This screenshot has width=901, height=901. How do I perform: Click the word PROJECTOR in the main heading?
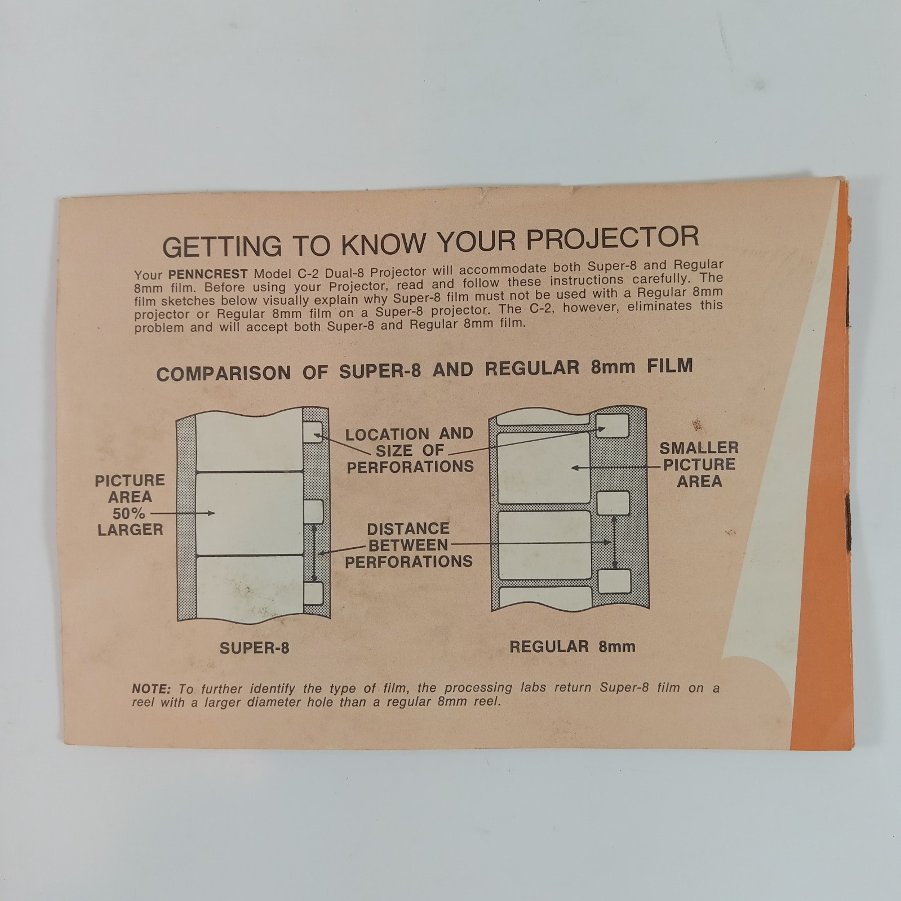pyautogui.click(x=612, y=239)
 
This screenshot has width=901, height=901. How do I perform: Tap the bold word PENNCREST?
pyautogui.click(x=208, y=274)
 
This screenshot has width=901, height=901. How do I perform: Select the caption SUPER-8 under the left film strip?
pyautogui.click(x=254, y=648)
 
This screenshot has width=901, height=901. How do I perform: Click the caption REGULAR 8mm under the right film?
pyautogui.click(x=572, y=646)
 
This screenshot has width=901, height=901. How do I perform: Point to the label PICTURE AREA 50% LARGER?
pyautogui.click(x=130, y=505)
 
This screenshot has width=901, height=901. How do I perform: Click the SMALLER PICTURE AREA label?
pyautogui.click(x=699, y=465)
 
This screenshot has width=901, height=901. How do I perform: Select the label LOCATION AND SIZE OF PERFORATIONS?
pyautogui.click(x=410, y=450)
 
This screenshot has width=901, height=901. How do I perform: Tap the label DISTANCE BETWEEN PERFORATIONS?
pyautogui.click(x=409, y=545)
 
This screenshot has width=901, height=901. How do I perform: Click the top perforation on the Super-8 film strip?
pyautogui.click(x=313, y=431)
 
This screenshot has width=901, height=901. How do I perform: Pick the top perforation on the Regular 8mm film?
pyautogui.click(x=612, y=426)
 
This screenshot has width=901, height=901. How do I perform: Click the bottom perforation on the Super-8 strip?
pyautogui.click(x=313, y=593)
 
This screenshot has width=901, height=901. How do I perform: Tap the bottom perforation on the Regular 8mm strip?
pyautogui.click(x=614, y=581)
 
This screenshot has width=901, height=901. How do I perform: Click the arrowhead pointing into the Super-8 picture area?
pyautogui.click(x=211, y=513)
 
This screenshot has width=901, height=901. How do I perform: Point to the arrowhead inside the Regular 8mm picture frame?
pyautogui.click(x=575, y=468)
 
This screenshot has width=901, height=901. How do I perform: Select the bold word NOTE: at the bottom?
pyautogui.click(x=151, y=689)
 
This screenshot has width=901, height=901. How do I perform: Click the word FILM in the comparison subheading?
pyautogui.click(x=670, y=366)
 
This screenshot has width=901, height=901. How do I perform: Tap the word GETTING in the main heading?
pyautogui.click(x=222, y=246)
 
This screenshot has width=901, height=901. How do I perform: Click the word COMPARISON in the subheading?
pyautogui.click(x=224, y=373)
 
